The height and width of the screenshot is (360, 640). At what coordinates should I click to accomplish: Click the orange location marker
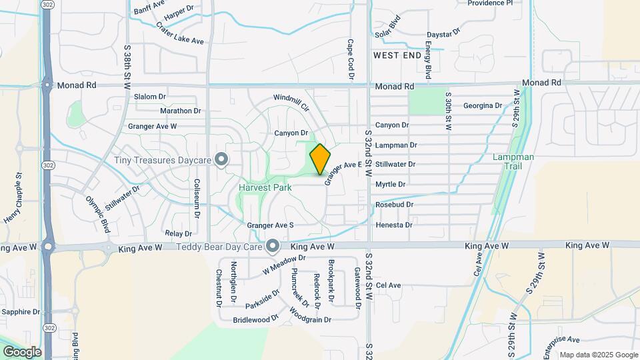click(x=320, y=159)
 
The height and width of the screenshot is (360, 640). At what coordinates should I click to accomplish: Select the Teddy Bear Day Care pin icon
click(x=272, y=247)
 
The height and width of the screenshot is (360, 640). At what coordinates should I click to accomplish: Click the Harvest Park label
click(x=265, y=187)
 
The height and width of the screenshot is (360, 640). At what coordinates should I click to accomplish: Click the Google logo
click(x=21, y=352)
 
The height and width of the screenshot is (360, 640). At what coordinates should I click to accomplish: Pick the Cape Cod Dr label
click(x=349, y=59)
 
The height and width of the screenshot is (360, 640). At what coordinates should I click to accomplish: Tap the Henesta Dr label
click(x=393, y=225)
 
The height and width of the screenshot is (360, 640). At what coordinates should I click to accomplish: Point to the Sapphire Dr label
click(x=22, y=312)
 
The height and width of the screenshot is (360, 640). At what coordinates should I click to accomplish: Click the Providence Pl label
click(x=490, y=3)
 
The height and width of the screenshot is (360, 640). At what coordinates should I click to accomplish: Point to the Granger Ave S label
click(x=271, y=225)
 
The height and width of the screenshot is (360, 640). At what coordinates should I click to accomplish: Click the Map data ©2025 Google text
click(x=598, y=355)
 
